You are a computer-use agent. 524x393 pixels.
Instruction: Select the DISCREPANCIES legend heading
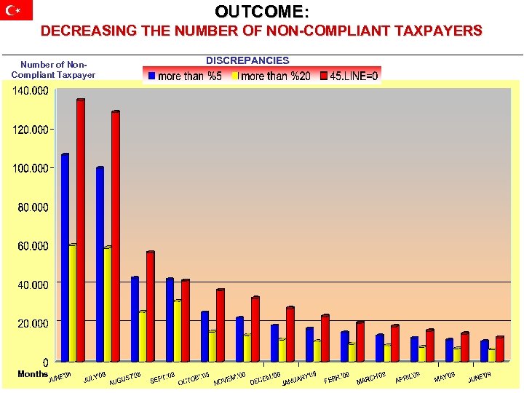(x=247, y=60)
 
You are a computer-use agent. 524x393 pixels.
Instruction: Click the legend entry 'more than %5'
(x=185, y=76)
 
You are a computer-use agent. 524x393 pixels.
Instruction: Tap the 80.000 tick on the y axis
(x=33, y=207)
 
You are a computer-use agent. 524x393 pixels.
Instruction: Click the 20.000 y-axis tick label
(x=33, y=322)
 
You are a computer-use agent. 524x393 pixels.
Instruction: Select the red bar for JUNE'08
(x=81, y=230)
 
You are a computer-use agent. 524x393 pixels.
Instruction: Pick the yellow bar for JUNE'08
(x=73, y=303)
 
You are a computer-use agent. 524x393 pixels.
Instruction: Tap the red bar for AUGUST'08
(x=151, y=306)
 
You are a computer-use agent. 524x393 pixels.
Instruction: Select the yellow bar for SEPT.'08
(x=178, y=331)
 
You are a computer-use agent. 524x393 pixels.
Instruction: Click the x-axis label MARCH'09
(x=371, y=378)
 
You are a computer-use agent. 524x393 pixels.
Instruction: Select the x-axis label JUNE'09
(x=480, y=376)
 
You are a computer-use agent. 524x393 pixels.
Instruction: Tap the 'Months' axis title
(x=33, y=373)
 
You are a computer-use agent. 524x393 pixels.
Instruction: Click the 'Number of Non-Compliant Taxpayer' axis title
(x=53, y=70)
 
